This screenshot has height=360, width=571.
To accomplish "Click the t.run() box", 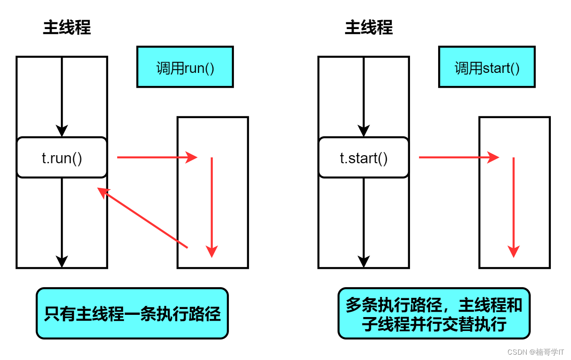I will pos(62,158).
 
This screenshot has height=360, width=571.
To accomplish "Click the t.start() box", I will pos(364,158).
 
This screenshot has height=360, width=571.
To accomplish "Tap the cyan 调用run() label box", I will pos(185,67).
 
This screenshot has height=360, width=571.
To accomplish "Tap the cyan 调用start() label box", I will pos(487,67).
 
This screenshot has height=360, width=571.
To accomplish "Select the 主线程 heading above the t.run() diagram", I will pos(67,28).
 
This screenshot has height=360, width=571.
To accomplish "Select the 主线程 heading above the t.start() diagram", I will pos(369,28).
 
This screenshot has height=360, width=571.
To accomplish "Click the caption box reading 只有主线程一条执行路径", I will pos(132,313).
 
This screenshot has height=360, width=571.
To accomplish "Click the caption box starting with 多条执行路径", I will pos(434,313).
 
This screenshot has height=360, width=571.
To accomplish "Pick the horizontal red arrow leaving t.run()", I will pos(156,157).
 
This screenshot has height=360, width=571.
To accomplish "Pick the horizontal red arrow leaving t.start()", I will pos(458,157).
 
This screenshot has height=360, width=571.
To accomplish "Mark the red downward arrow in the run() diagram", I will pos(212,206).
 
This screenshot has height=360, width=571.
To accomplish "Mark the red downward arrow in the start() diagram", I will pos(514,206).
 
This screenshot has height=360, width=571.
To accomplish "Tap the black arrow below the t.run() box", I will pos(62,221).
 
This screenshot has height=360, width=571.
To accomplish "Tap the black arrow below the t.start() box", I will pos(364,221).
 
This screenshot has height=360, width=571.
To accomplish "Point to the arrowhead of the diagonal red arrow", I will pos(103,192).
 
